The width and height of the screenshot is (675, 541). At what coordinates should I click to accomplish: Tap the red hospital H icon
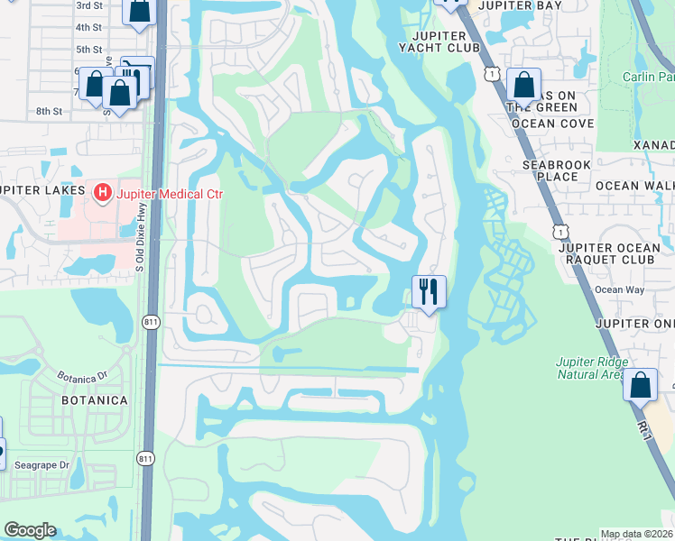tap(103, 192)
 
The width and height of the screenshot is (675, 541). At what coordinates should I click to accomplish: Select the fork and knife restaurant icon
tap(429, 291)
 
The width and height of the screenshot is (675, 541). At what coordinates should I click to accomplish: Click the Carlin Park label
tap(648, 77)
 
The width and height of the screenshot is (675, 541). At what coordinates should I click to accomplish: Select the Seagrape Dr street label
tap(42, 464)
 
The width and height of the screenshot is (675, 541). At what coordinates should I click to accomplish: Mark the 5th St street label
tap(88, 50)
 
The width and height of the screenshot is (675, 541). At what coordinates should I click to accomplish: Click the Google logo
tap(30, 530)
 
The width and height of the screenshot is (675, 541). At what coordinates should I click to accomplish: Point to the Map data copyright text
tap(637, 534)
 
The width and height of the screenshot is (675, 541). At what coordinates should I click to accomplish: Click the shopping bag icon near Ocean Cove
tap(523, 85)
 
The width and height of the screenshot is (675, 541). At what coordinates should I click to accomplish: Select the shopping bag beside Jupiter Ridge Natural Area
tap(640, 385)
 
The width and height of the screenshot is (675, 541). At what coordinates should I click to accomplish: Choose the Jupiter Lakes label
tap(35, 190)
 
